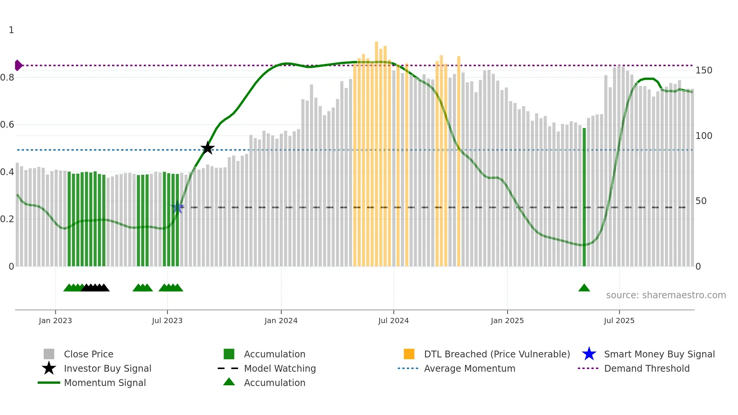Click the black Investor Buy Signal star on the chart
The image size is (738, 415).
pos(207,148)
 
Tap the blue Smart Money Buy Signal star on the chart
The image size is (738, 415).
pos(177,207)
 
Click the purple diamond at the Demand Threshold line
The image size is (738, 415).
pos(18,65)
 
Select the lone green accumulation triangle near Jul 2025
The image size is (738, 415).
pos(584,288)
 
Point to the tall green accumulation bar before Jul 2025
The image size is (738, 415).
pos(584,196)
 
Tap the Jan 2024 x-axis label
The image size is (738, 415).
pos(281,321)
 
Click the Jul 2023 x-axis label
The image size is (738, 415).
pos(167,321)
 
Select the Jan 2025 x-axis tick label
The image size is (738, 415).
pos(507,321)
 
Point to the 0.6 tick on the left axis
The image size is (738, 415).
pos(7,125)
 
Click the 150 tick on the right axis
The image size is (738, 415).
pos(704,70)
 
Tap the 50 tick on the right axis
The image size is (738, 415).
pos(701,201)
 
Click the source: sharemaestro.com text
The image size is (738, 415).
pos(666,295)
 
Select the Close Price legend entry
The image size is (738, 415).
pos(88,354)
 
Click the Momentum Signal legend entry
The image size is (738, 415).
pos(105,383)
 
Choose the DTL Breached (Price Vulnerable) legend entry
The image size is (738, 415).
pos(497,354)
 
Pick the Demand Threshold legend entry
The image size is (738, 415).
pos(647,369)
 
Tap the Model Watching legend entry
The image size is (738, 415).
pos(280,369)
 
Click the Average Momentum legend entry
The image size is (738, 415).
pos(470,369)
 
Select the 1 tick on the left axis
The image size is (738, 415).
pos(11,30)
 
